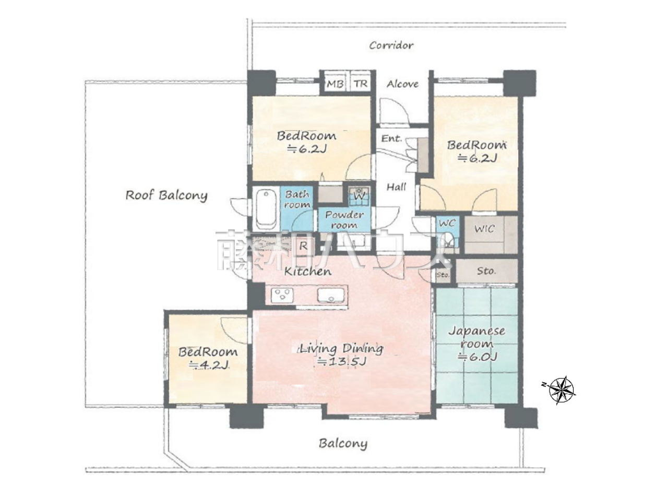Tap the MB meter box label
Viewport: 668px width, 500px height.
coord(335,83)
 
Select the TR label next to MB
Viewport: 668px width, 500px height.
coord(361,83)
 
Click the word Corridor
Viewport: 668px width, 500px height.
coord(391,45)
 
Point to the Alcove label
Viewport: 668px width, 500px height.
coord(402,84)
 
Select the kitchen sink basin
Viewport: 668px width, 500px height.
coord(331,295)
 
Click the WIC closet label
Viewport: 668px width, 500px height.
coord(484,228)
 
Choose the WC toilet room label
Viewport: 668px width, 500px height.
coord(447,223)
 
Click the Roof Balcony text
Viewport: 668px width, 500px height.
coord(166,195)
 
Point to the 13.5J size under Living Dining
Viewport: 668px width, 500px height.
coord(341,361)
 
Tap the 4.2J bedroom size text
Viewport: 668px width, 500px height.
coord(209,364)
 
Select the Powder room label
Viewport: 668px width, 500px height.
coord(344,219)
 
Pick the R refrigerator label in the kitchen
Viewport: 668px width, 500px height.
coord(303,246)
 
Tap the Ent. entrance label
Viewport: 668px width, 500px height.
coord(392,139)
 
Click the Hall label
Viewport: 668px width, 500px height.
coord(396,187)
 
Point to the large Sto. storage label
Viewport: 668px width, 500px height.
coord(485,270)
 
